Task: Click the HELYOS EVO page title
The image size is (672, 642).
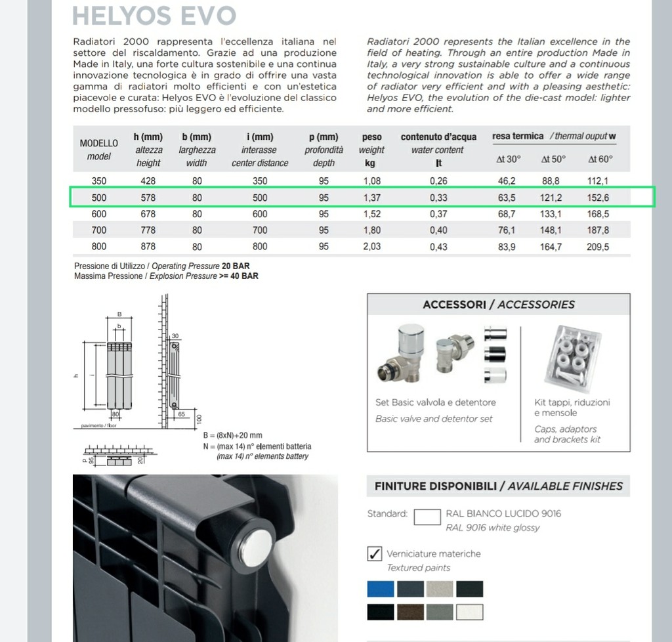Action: pos(154,15)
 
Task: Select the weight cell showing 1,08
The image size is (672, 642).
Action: pos(372,181)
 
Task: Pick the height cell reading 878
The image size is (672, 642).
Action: pos(148,247)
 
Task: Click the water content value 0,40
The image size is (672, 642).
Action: pos(438,230)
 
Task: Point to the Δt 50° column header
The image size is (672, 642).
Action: pos(553,160)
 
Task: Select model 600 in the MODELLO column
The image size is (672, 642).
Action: pos(99,214)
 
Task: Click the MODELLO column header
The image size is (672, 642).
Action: pos(99,143)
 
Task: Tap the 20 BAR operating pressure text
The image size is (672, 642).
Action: pos(236,267)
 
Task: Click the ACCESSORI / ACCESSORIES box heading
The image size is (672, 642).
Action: pos(498,305)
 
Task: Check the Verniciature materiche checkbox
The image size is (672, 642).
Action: pos(374,553)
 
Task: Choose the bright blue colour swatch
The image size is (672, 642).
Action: pos(381,589)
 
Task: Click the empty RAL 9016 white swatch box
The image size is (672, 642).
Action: pos(427,517)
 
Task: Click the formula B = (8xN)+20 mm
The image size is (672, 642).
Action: pos(232,435)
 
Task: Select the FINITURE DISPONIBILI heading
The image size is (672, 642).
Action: pos(498,486)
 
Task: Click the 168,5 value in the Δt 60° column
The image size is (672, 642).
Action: pos(598,214)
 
